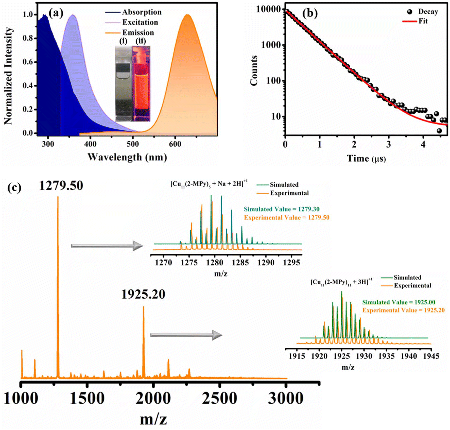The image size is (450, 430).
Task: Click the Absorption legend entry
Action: coord(133,12)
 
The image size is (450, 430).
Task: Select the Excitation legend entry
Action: coord(132,22)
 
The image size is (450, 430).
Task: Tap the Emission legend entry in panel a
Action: coord(130,32)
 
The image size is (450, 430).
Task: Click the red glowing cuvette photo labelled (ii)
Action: coord(141,83)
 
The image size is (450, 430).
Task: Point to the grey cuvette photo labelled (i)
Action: coord(123,83)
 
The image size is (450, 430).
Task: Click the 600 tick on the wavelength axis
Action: coord(175,144)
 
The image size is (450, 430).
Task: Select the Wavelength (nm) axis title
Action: coord(127,157)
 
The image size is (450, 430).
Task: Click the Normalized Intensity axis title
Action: coord(8,76)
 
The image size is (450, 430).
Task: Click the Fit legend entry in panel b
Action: coord(415,21)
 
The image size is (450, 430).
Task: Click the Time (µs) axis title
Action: coord(366,158)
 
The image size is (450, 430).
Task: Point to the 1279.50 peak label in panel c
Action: coord(61,185)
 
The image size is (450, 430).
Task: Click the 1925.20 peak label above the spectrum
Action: coord(143,294)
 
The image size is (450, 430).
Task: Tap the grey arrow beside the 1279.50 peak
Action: coord(107,246)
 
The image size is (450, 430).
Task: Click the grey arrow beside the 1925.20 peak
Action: coord(186,335)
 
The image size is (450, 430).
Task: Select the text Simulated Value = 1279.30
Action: coord(282,209)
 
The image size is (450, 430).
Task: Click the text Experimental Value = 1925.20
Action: coord(403,310)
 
